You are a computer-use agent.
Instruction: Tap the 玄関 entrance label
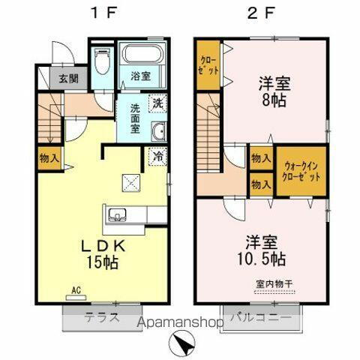click(58, 78)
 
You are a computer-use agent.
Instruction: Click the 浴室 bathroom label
click(142, 76)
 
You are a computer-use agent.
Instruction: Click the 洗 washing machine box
click(157, 103)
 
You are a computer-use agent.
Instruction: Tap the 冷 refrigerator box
click(158, 157)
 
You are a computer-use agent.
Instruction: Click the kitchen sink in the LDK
click(118, 216)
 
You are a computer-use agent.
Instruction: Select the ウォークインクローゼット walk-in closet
click(301, 171)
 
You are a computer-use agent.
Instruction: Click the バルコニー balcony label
click(261, 317)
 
